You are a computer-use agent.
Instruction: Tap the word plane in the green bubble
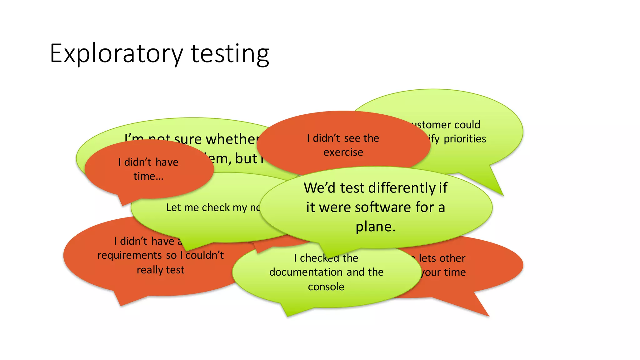[x=375, y=227]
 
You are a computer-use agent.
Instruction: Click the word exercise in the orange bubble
[x=343, y=152]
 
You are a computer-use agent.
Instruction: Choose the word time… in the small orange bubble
[x=148, y=176]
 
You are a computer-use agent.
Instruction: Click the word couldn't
[x=205, y=255]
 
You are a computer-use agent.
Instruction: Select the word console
[x=326, y=287]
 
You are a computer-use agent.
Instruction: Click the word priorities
[x=465, y=139]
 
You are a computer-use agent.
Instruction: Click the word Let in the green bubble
[x=173, y=207]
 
